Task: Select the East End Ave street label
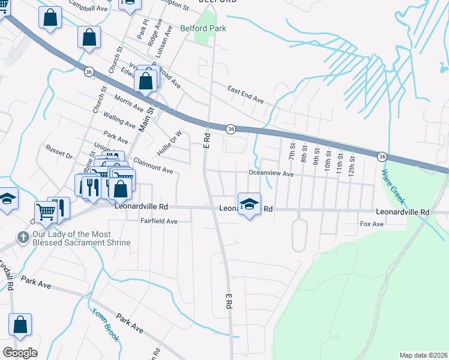[246, 94]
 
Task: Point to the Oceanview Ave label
[271, 174]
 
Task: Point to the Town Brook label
[105, 325]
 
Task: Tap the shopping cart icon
[46, 211]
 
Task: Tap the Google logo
[20, 353]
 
